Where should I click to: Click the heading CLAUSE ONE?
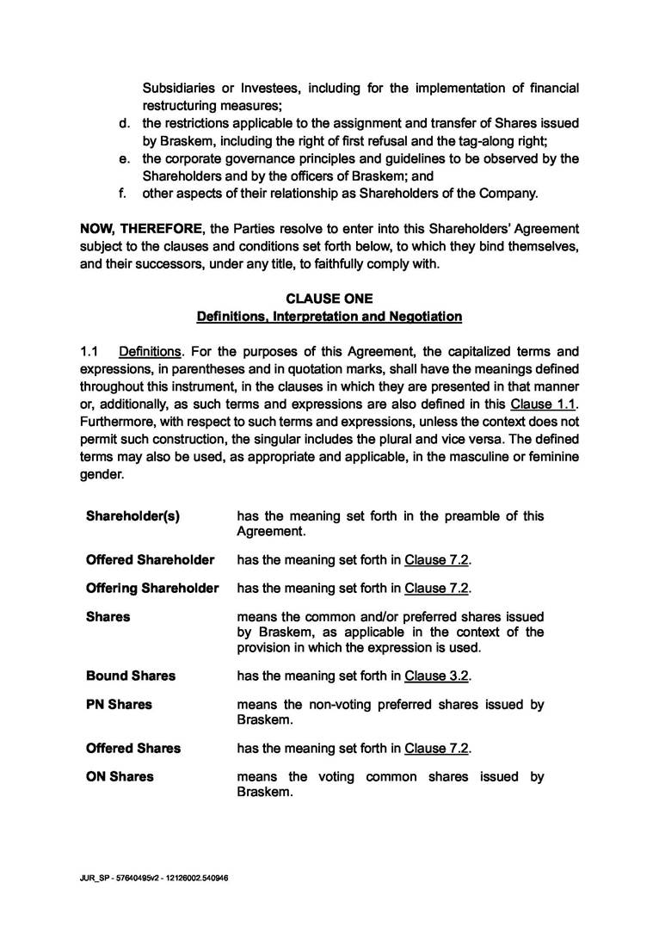(329, 299)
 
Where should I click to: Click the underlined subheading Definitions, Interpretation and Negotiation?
(329, 317)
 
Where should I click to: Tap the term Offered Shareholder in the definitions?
(150, 560)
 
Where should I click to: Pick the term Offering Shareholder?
(152, 589)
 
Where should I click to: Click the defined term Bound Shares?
(131, 676)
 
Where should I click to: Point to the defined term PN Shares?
(119, 704)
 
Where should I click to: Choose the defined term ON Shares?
(120, 776)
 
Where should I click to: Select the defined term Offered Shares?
(133, 748)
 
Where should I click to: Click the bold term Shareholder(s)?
(132, 516)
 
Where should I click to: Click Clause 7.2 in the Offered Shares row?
(437, 748)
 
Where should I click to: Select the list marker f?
(124, 194)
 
